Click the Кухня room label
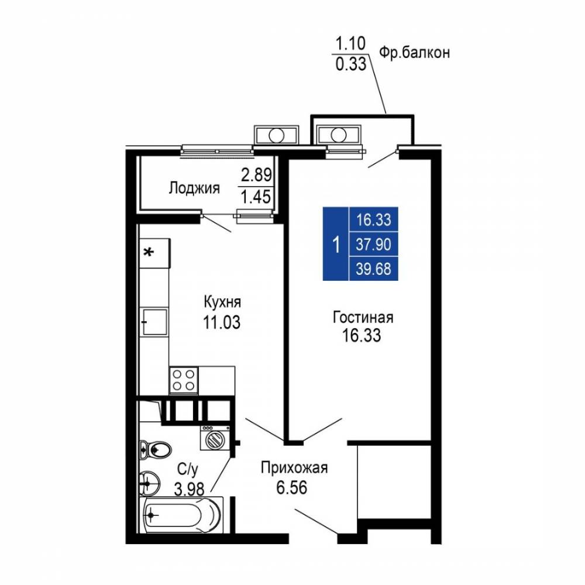222,302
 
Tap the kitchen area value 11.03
222,322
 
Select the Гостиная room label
363,318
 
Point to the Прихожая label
294,467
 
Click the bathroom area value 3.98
189,488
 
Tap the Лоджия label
194,188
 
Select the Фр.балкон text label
415,53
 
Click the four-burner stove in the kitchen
184,380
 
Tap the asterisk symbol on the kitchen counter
149,253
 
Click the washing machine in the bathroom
215,438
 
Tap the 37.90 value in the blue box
373,245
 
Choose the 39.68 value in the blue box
373,269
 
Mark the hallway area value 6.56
292,487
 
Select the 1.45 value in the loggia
256,197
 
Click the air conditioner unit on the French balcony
339,135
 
